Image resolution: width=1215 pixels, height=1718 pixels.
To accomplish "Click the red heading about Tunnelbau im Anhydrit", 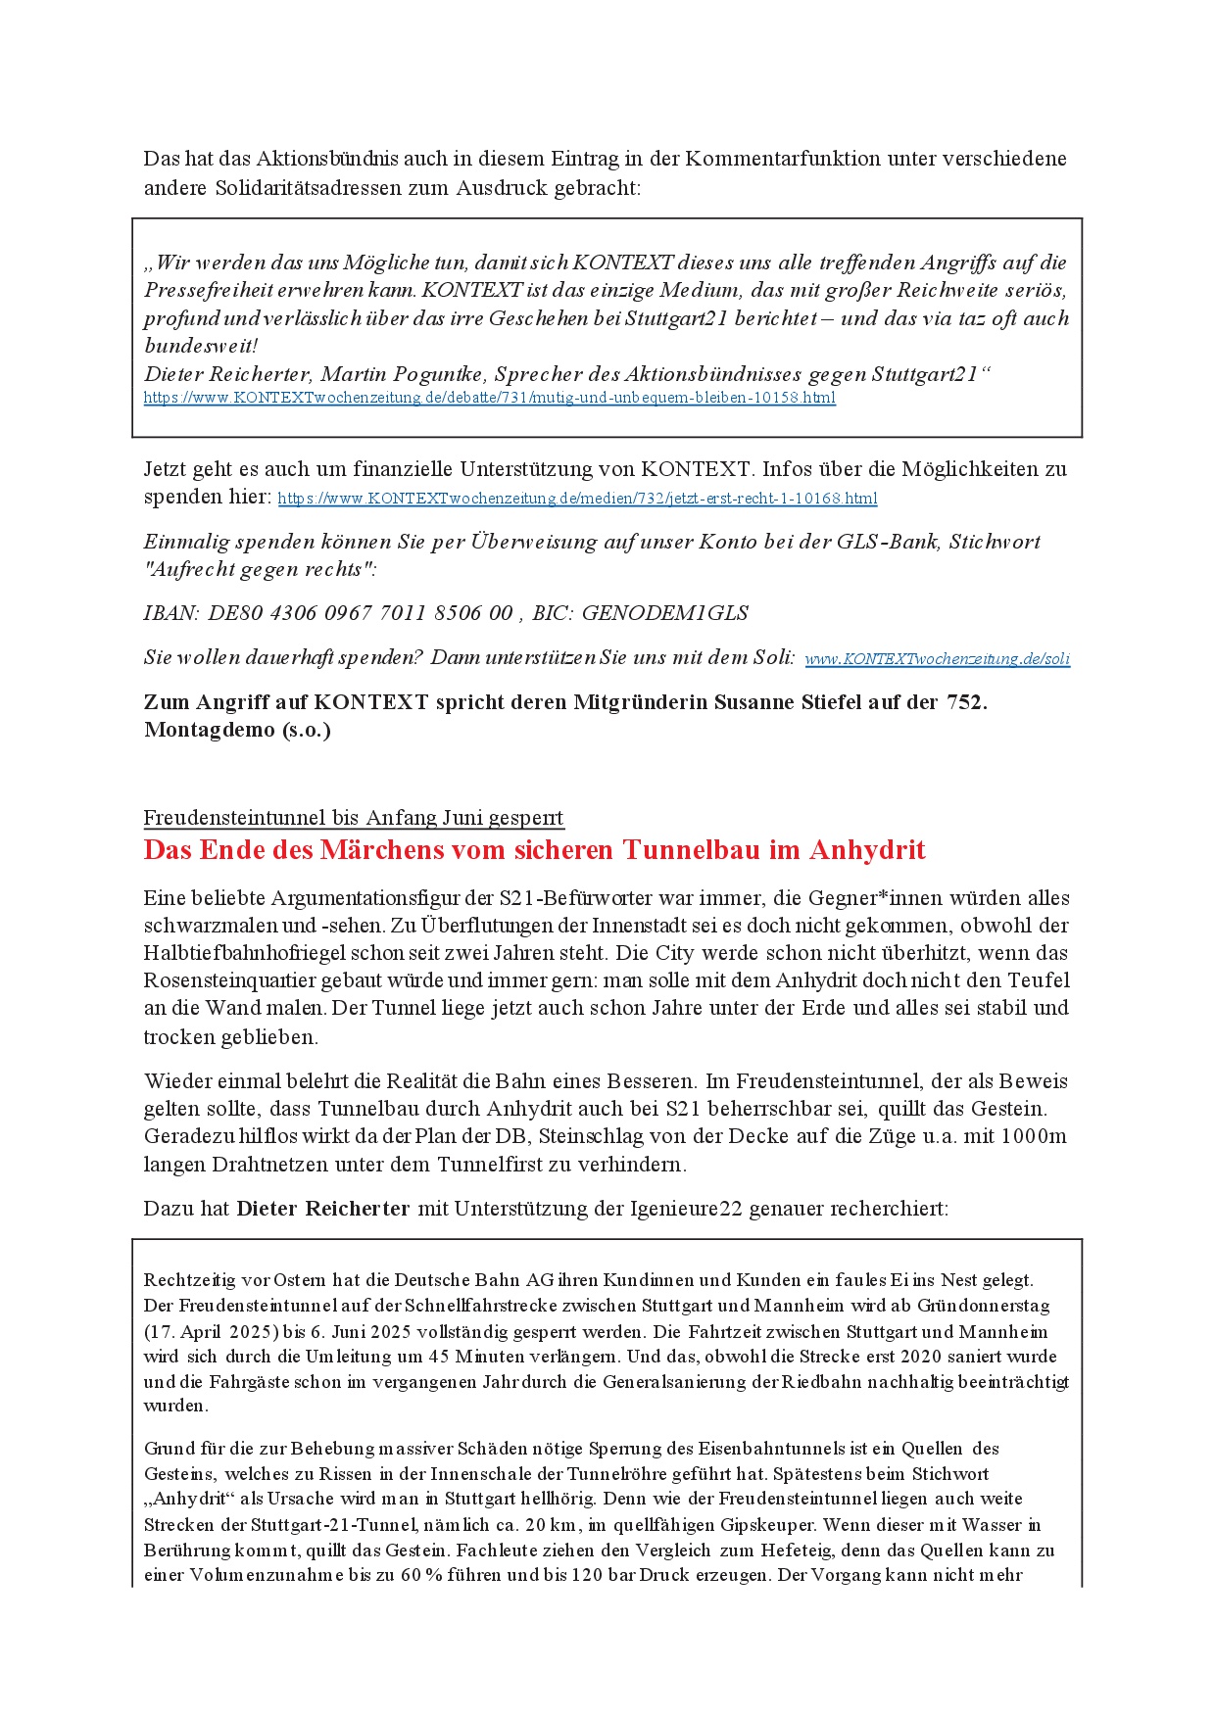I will click(x=534, y=849).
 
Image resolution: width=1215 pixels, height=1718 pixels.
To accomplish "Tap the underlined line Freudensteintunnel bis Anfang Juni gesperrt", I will click(x=354, y=818).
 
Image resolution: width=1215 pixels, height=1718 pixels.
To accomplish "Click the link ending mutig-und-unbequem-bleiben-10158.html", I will click(x=489, y=398).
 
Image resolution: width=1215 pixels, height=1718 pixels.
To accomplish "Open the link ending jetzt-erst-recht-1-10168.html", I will click(x=577, y=499).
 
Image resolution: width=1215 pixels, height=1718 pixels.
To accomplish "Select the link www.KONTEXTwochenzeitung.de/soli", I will click(x=937, y=659).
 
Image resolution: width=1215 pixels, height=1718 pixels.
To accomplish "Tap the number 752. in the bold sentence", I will click(x=966, y=702).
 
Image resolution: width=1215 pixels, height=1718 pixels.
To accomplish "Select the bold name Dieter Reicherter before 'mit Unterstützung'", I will click(x=322, y=1209).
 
